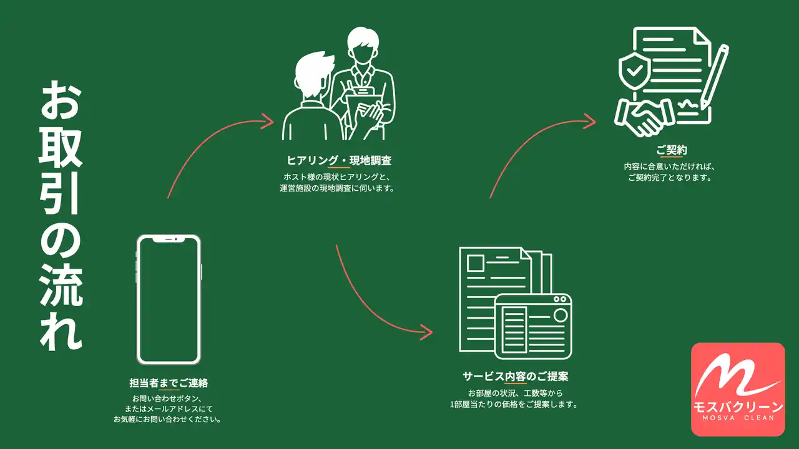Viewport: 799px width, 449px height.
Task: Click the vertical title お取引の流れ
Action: pyautogui.click(x=61, y=216)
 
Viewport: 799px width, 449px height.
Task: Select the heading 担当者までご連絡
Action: pyautogui.click(x=169, y=383)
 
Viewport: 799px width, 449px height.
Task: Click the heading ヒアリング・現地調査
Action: pyautogui.click(x=339, y=161)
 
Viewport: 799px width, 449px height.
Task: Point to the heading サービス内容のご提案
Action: pyautogui.click(x=516, y=376)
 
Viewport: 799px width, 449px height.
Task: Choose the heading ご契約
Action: pyautogui.click(x=672, y=150)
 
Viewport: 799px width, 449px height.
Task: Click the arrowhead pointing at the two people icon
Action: pyautogui.click(x=268, y=121)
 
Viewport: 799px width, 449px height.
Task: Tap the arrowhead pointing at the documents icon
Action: pyautogui.click(x=426, y=332)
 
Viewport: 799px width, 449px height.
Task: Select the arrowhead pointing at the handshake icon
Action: pyautogui.click(x=590, y=121)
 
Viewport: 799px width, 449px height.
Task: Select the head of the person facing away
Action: pyautogui.click(x=314, y=75)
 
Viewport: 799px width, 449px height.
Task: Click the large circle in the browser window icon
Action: pyautogui.click(x=561, y=316)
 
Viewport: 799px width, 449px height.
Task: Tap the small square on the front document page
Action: pyautogui.click(x=476, y=264)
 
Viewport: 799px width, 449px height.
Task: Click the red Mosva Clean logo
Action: pyautogui.click(x=738, y=389)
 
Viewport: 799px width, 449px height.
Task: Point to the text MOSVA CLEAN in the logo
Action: pyautogui.click(x=738, y=418)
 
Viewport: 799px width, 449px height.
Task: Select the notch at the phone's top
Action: pyautogui.click(x=169, y=239)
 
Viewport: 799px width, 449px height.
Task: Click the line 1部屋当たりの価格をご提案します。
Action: pyautogui.click(x=514, y=405)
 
